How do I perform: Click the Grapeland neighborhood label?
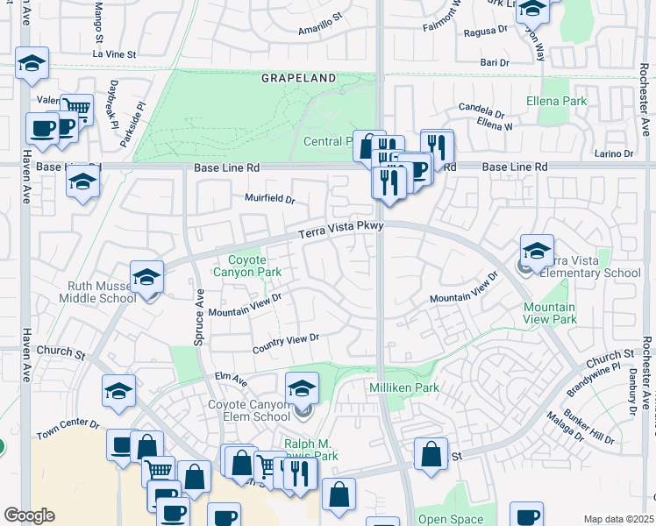coord(298,78)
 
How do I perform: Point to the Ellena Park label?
coord(556,102)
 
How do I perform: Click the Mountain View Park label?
coord(549,313)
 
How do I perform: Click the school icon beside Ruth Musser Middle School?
coord(146,278)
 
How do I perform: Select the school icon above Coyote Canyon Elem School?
coord(302,387)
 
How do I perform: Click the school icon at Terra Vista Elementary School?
coord(537,251)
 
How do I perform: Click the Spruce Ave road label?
coord(199,316)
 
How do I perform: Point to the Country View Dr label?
coord(285,344)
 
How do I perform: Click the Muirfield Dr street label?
coord(269,199)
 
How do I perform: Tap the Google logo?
coord(29,515)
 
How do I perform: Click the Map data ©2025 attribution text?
coord(618,519)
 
